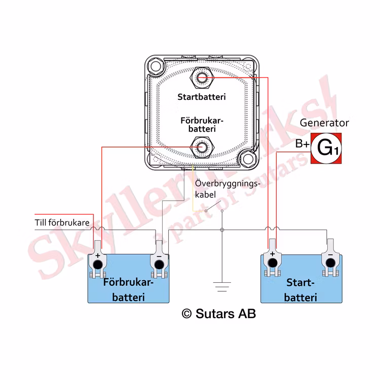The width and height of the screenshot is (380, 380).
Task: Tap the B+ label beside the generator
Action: tap(302, 144)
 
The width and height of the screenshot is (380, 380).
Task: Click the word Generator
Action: tap(324, 123)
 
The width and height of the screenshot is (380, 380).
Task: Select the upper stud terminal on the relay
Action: tap(202, 78)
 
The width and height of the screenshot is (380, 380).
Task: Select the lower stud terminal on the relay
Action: tap(202, 147)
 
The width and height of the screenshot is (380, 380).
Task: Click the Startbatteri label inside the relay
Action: tap(202, 96)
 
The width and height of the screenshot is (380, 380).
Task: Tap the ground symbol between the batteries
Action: tap(222, 287)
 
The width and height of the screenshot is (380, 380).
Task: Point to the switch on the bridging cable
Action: tap(213, 207)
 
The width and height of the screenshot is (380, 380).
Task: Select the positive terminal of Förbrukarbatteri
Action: tap(97, 263)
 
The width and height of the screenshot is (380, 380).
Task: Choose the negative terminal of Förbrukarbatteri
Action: tap(159, 262)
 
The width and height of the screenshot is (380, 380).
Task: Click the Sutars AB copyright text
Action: tap(218, 314)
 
